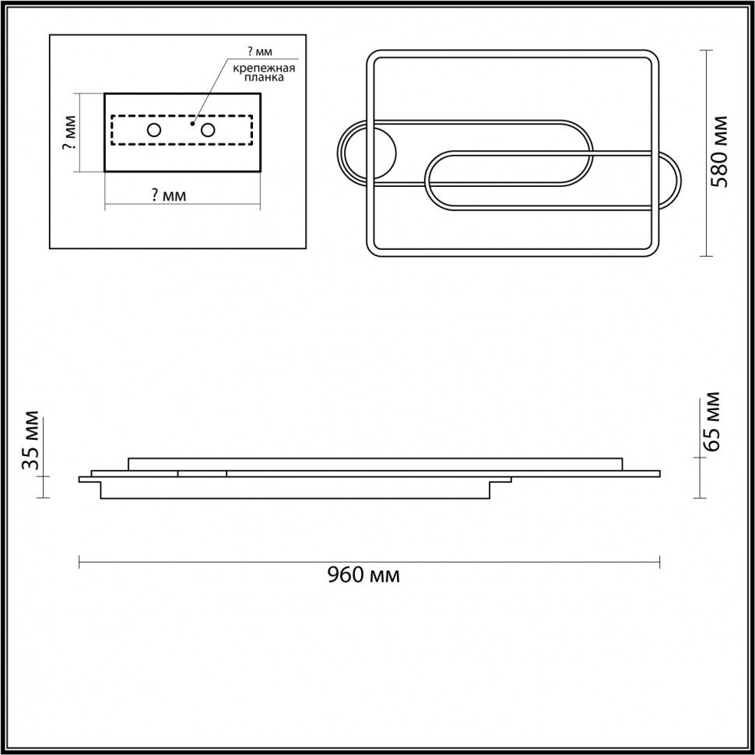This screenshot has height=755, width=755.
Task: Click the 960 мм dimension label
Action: point(363,575)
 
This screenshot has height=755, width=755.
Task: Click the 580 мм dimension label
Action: point(720,152)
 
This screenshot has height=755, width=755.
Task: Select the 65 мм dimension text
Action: point(711,422)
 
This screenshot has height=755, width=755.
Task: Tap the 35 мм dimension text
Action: point(31,440)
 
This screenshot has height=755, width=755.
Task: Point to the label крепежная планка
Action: point(264,72)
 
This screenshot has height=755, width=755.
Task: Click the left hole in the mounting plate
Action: point(154,130)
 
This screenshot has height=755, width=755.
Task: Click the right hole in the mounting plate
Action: point(208,130)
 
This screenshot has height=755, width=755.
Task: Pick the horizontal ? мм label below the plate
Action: point(169,195)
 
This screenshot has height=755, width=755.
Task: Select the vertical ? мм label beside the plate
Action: point(70,132)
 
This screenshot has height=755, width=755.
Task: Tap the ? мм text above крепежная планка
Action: point(259,51)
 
